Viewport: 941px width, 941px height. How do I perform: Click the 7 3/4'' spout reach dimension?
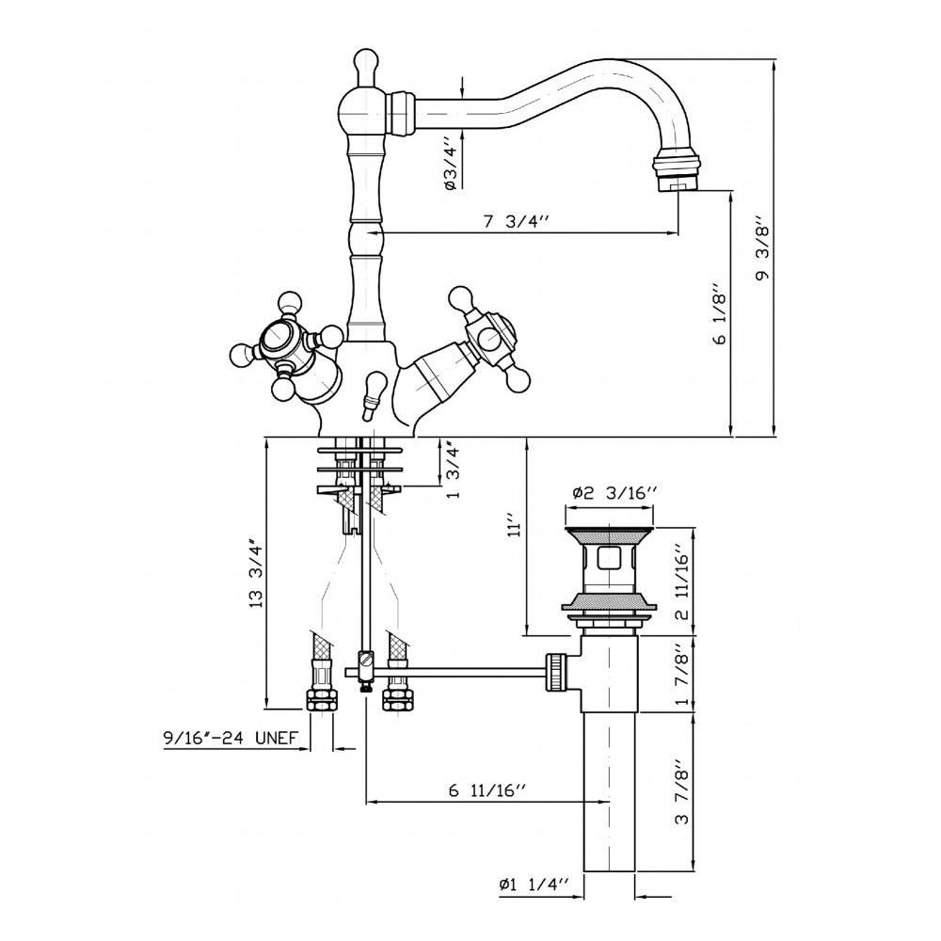[x=516, y=222]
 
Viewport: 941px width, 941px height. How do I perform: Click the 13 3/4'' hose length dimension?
[x=257, y=575]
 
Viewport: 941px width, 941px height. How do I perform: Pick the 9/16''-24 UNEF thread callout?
[x=231, y=738]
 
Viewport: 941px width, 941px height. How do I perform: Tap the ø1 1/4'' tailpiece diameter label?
[x=533, y=884]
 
